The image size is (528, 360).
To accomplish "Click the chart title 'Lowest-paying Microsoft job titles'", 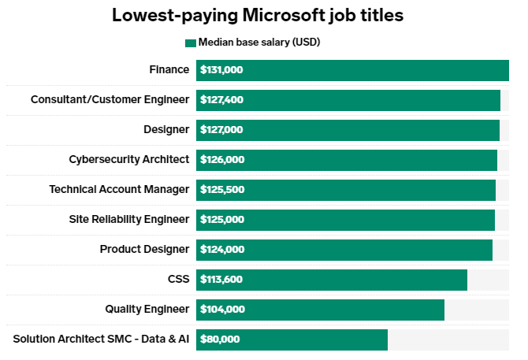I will (x=264, y=15).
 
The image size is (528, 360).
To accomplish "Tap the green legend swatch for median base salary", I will (x=190, y=43).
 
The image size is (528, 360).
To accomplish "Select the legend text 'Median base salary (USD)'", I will (x=259, y=43).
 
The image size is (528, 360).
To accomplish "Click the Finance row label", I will (x=169, y=69).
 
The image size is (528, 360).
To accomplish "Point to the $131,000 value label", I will (x=221, y=70).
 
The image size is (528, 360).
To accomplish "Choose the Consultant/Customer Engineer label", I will (x=110, y=99).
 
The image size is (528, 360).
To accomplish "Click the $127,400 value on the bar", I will (x=222, y=100).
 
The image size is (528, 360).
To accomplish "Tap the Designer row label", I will (x=166, y=129).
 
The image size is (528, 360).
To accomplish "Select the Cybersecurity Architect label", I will (x=129, y=159).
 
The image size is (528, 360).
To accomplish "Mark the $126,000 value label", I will (x=222, y=160).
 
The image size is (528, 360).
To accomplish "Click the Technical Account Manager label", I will (x=119, y=189).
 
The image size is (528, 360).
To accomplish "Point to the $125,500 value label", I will (x=222, y=190).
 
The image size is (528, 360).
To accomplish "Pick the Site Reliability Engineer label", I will (x=129, y=219).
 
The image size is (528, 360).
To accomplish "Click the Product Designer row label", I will (x=145, y=249).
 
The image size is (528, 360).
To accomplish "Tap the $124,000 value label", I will (x=222, y=250).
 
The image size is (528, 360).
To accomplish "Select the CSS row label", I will (x=178, y=279).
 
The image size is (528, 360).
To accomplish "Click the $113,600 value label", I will (x=222, y=280).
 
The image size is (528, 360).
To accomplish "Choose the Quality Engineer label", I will (x=147, y=309).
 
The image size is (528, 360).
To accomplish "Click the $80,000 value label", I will (x=220, y=340).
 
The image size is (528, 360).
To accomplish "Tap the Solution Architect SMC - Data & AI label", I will (x=102, y=339).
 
